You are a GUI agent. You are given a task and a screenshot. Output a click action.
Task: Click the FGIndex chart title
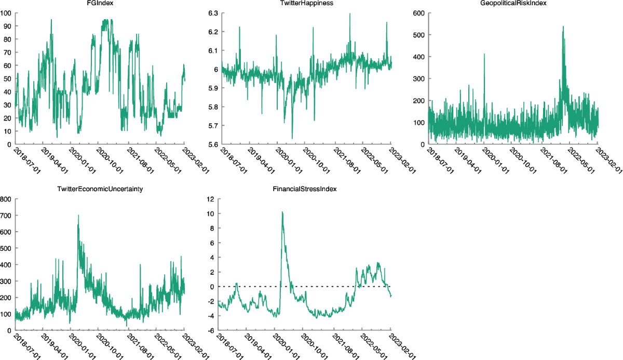coord(100,4)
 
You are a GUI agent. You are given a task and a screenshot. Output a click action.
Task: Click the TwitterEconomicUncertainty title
coord(100,190)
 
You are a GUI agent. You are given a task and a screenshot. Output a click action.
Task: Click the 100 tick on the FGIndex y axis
coord(6,12)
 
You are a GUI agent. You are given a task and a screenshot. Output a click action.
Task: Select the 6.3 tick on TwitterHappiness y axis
coord(211,12)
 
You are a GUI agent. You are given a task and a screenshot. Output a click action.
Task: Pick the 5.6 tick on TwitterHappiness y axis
coord(211,144)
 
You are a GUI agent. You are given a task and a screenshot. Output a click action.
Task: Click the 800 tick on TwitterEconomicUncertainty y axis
coord(6,198)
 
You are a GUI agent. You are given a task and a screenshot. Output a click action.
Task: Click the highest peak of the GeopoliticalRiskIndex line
coord(563,26)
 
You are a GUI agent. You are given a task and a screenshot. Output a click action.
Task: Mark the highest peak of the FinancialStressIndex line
coord(282,212)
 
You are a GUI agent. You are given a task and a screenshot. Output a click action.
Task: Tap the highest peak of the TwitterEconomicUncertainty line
coord(78,215)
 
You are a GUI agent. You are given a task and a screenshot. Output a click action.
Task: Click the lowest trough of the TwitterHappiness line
coord(292,138)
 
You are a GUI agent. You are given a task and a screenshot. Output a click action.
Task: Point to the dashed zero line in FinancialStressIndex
coord(322,286)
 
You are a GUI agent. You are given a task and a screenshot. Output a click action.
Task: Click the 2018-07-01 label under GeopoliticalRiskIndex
coord(437,161)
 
